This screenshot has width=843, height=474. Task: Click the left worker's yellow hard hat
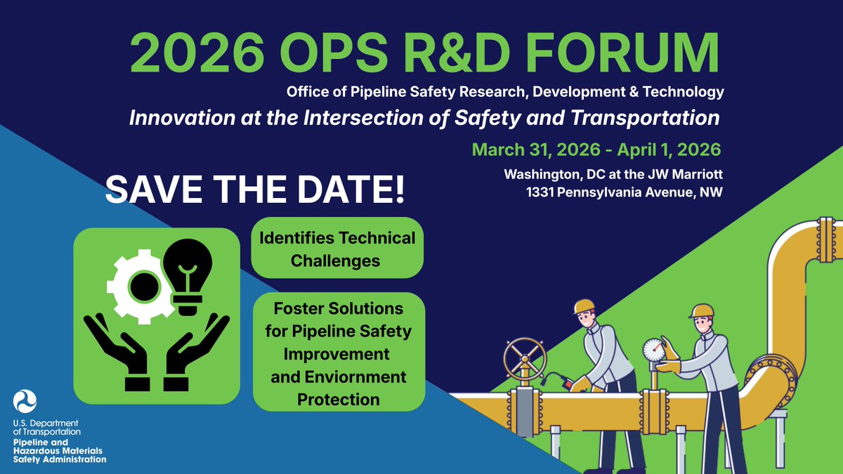[x=584, y=307]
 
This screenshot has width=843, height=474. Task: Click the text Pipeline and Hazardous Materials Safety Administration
[x=59, y=450]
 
